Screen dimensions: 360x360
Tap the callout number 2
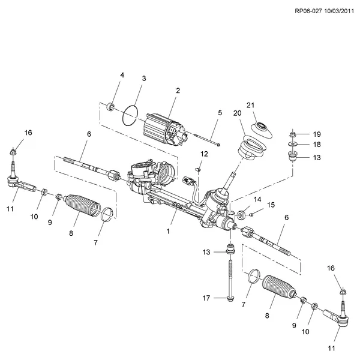(x=178, y=91)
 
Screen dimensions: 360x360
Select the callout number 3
(x=144, y=79)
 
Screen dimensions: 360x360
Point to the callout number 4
(x=122, y=75)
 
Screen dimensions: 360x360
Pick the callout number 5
(x=220, y=112)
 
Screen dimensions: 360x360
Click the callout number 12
(x=204, y=154)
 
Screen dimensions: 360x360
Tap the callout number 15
(x=271, y=205)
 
